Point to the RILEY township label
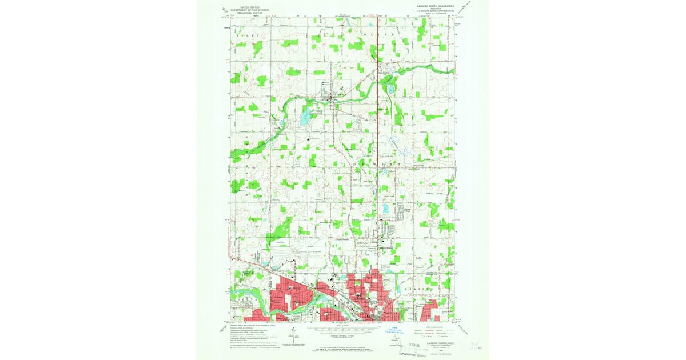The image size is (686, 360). (x=249, y=35)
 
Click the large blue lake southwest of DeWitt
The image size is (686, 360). (x=304, y=119)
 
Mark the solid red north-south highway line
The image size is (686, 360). (x=379, y=143)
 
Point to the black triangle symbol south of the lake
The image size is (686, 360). (x=309, y=138)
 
